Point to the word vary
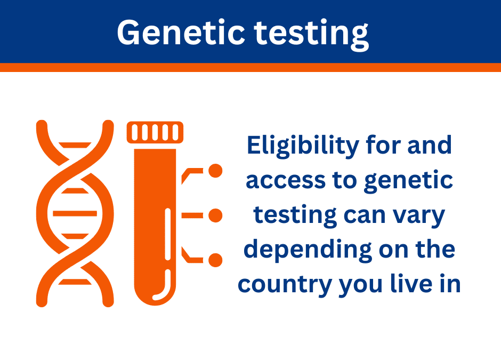tap(421, 215)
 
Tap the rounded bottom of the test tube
tap(155, 291)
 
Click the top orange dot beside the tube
tap(215, 171)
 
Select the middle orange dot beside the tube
tap(215, 215)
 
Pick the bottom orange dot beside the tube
tap(215, 260)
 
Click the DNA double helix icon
tap(75, 213)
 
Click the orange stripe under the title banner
tap(250, 67)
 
